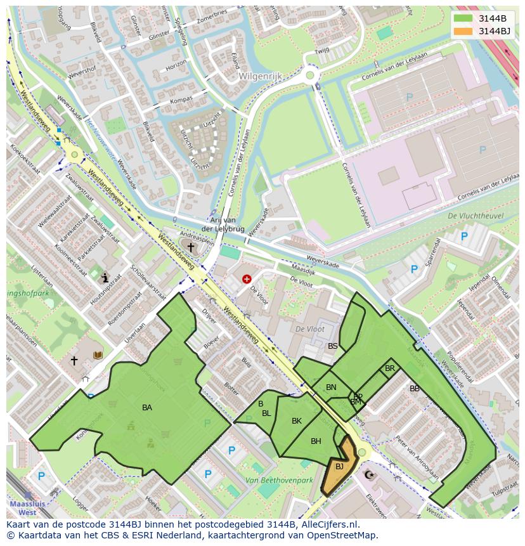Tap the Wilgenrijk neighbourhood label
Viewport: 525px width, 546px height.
pos(259,76)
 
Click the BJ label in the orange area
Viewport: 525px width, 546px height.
pos(339,467)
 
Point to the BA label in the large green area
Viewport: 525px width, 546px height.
pos(146,408)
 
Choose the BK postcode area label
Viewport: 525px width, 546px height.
pos(297,421)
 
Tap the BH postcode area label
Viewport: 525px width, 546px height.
pos(316,441)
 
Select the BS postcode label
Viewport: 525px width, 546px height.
pos(333,346)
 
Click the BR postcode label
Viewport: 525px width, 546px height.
pos(390,368)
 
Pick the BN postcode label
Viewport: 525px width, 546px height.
pos(331,387)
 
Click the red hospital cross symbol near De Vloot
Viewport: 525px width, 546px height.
pos(247,278)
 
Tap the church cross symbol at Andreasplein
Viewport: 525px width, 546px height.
pos(190,246)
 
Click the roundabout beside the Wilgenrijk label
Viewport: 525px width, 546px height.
pos(310,75)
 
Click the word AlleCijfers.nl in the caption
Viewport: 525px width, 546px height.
pos(327,524)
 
